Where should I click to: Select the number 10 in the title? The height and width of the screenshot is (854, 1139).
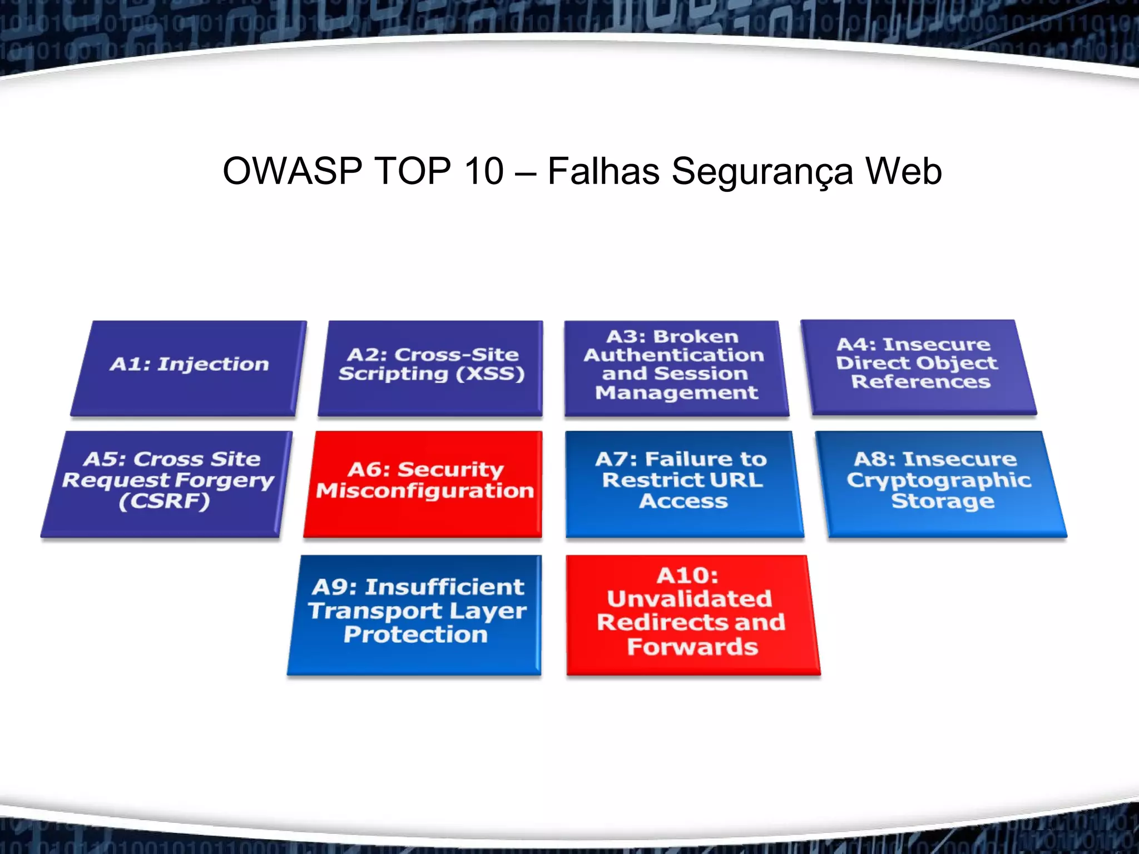click(x=483, y=171)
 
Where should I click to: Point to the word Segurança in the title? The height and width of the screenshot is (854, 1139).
click(x=762, y=172)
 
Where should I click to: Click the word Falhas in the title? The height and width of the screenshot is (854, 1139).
click(x=603, y=171)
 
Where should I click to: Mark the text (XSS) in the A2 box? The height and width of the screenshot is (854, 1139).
click(x=490, y=374)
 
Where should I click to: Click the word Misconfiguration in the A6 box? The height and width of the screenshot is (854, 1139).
click(x=425, y=491)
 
